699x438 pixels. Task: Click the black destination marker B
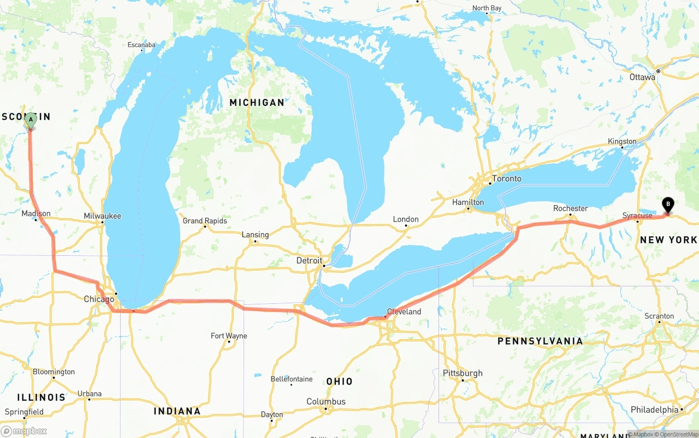tap(667, 205)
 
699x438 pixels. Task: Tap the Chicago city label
tap(99, 299)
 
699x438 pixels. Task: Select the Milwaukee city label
tap(102, 216)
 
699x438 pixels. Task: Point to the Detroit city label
tap(309, 260)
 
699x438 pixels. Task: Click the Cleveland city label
tap(404, 311)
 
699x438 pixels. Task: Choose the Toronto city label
tap(506, 178)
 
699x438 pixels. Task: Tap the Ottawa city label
tap(642, 77)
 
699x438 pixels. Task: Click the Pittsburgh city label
tap(463, 373)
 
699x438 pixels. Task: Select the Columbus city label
tap(326, 401)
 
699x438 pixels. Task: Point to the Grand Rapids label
tap(204, 221)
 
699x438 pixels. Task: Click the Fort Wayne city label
tap(229, 335)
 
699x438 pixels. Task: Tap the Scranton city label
tap(659, 316)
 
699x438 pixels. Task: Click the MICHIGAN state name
tap(257, 103)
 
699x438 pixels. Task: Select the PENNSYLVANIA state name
tap(540, 341)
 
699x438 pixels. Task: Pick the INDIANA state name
tap(177, 411)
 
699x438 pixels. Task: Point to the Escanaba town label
tap(141, 45)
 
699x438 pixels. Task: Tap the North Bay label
tap(487, 8)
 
